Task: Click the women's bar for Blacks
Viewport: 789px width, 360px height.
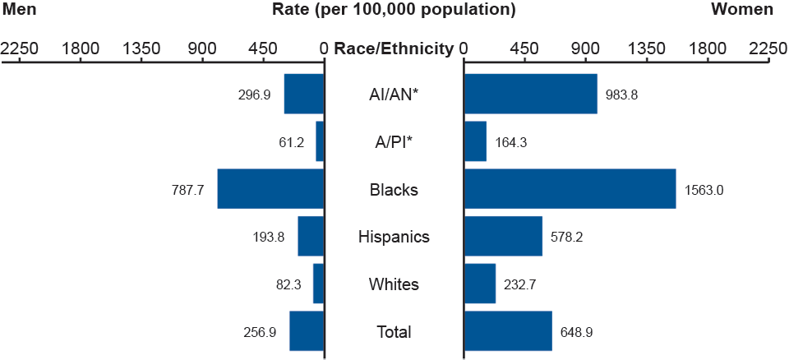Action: click(570, 189)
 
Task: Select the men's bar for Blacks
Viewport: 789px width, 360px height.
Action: click(270, 189)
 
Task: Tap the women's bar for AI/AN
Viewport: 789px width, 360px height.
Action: click(531, 94)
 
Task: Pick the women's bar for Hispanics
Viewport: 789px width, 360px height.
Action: click(503, 237)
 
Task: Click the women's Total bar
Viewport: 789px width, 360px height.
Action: click(508, 331)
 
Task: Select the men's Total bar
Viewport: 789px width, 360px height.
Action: click(307, 331)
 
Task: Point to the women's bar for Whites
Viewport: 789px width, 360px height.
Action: click(480, 284)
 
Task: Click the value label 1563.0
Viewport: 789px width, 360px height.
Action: click(704, 190)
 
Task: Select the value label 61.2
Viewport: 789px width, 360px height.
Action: click(292, 142)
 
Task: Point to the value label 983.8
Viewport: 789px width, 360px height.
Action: click(621, 95)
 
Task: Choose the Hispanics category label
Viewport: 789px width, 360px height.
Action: click(394, 238)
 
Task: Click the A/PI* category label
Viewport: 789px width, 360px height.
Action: click(394, 142)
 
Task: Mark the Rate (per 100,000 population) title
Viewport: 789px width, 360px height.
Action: click(394, 10)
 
